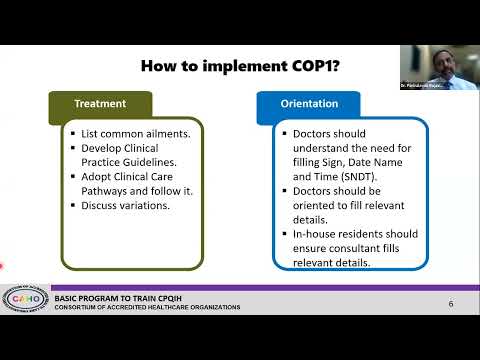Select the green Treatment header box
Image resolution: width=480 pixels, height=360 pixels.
click(100, 103)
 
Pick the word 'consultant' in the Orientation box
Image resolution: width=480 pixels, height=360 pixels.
click(351, 248)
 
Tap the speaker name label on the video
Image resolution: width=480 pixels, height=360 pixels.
click(421, 87)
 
